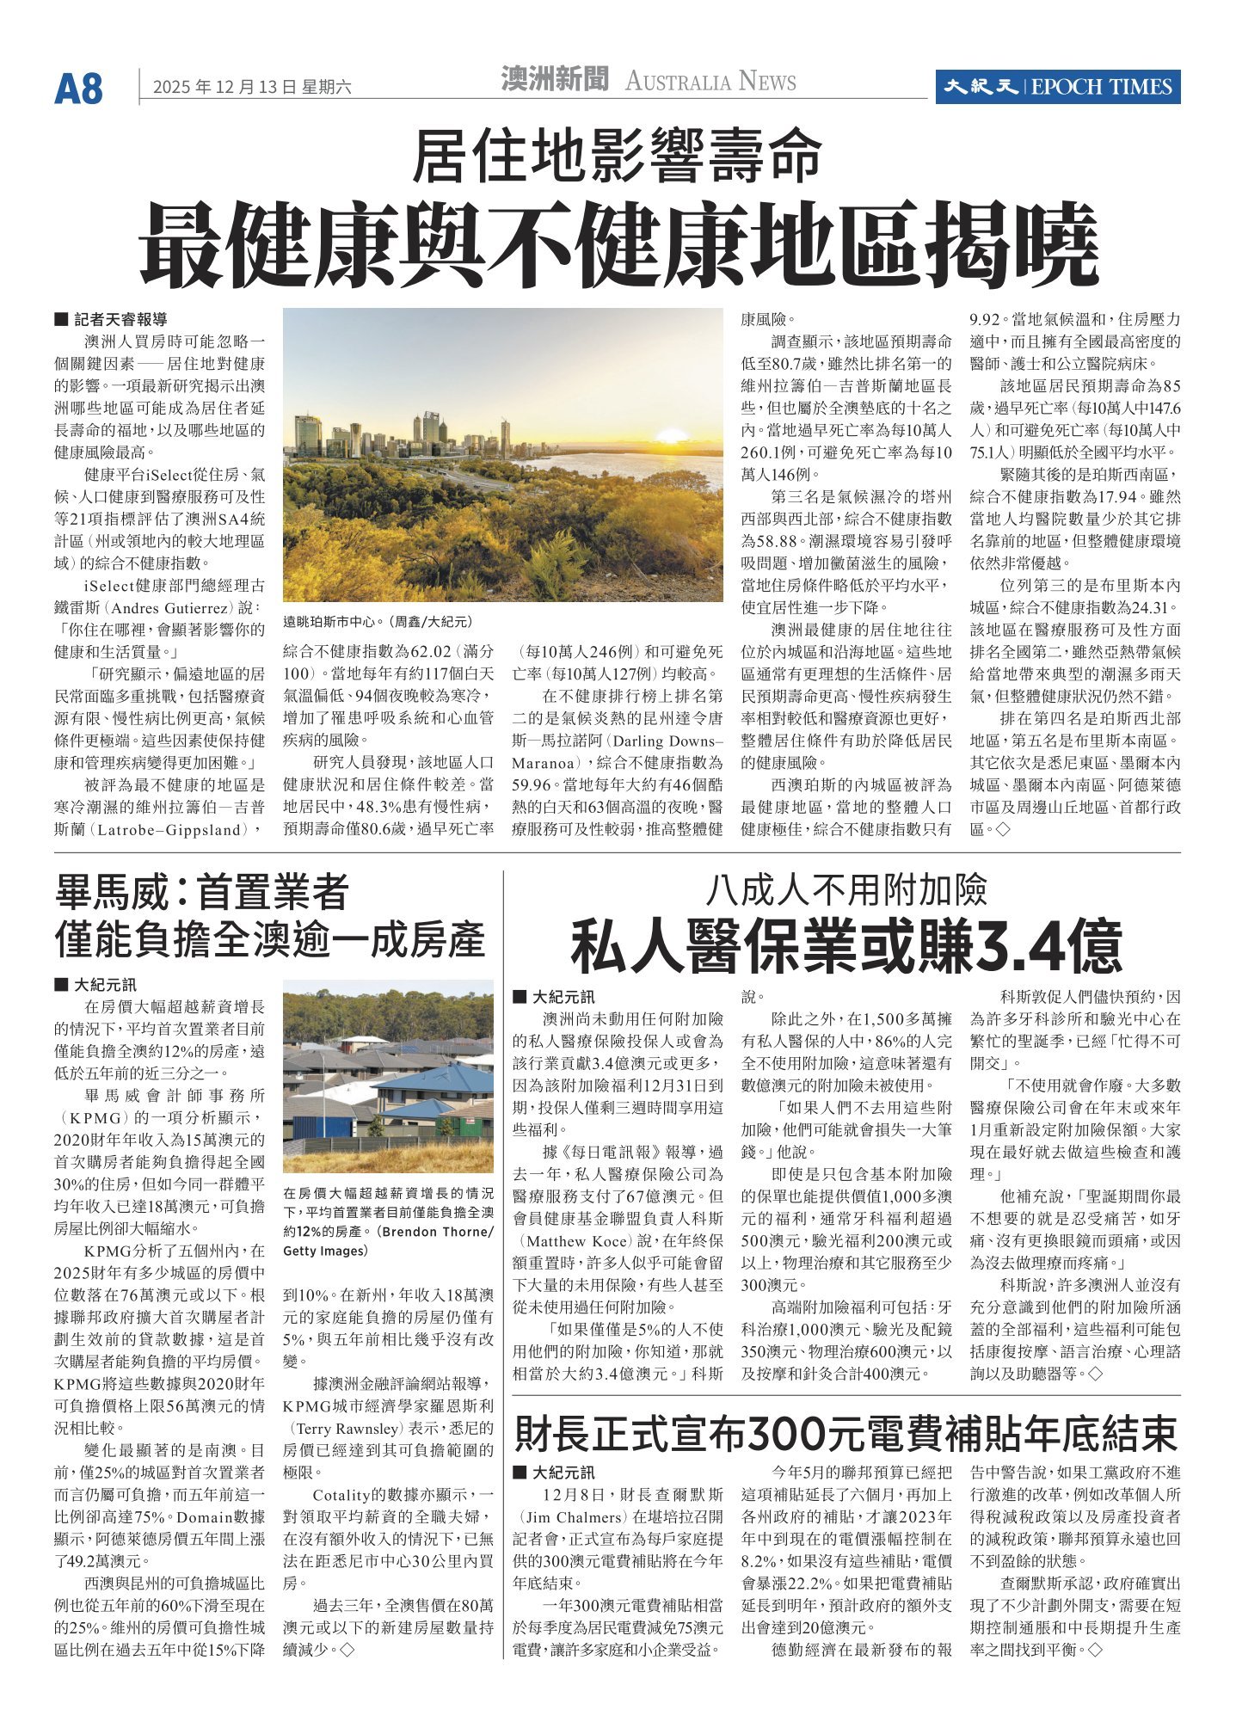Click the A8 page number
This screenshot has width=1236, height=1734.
[x=78, y=89]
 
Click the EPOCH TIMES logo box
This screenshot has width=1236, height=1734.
[x=1057, y=87]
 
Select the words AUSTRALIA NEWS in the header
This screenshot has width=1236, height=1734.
[x=710, y=83]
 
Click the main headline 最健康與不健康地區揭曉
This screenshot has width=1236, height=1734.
[x=618, y=246]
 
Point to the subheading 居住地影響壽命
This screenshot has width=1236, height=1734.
[x=617, y=156]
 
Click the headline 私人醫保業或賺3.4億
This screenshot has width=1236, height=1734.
[x=846, y=944]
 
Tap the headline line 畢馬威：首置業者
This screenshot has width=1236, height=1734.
[x=201, y=892]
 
